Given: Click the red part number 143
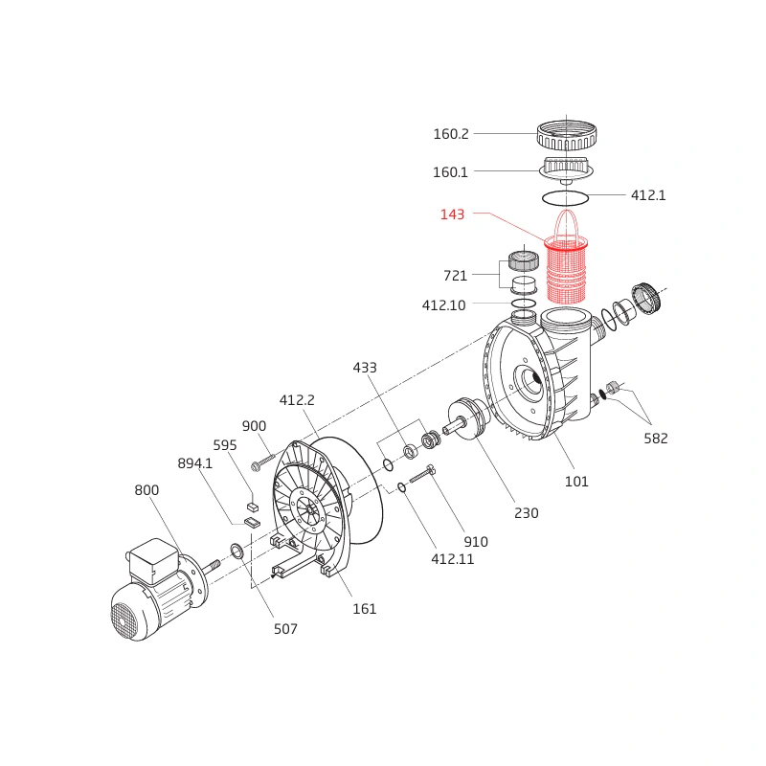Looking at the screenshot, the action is [452, 214].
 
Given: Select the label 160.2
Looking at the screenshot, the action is [450, 134].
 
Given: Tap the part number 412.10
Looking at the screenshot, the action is [443, 305].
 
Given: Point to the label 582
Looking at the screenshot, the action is [656, 439].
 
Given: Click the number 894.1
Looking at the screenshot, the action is [195, 463].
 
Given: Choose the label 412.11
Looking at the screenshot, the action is [452, 559].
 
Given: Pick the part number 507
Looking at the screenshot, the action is [285, 629].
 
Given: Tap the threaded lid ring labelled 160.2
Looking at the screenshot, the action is [567, 135].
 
